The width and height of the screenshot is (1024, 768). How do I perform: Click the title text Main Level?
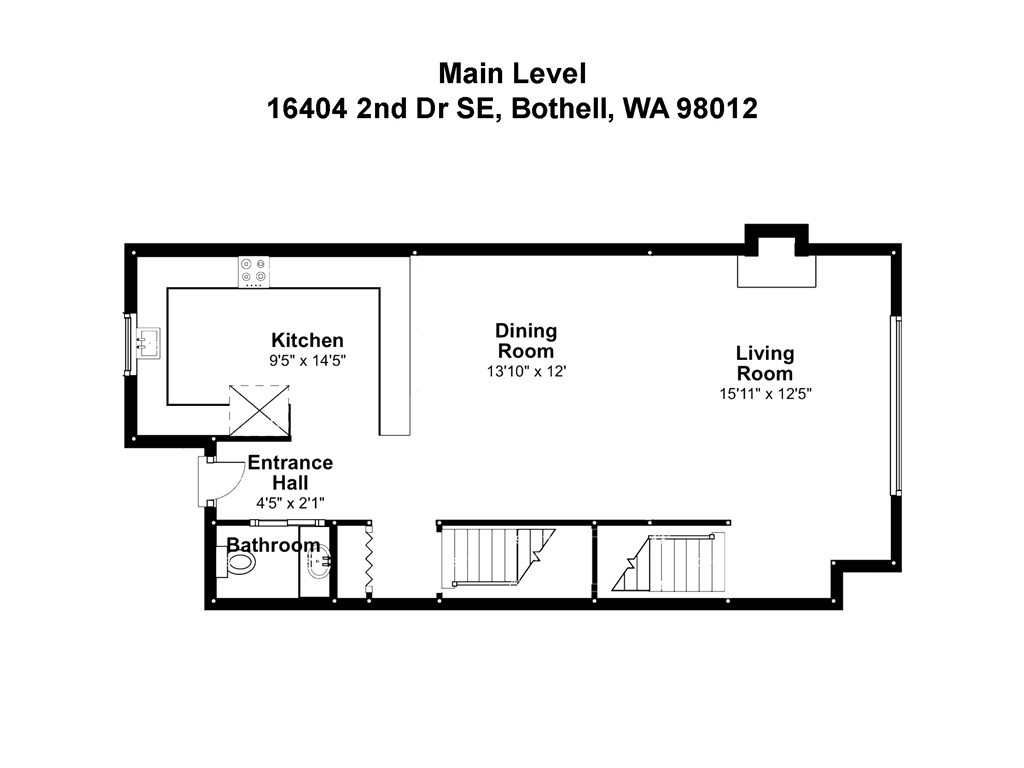point(511,73)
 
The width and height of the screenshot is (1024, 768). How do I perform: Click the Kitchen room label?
point(307,341)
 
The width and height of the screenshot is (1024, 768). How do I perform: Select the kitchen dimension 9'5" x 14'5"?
point(307,360)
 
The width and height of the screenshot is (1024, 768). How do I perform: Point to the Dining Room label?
point(526,341)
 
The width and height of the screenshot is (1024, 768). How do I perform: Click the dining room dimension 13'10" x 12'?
point(526,371)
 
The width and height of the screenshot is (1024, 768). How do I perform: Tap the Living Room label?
point(765,363)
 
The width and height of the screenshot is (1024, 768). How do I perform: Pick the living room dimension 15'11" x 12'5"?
point(765,393)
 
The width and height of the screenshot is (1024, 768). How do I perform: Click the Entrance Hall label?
point(290,473)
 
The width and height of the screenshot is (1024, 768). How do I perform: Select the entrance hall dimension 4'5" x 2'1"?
point(290,502)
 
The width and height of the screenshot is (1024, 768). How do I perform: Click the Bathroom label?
point(273,545)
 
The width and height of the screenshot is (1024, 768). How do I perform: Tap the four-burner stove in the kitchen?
point(253,271)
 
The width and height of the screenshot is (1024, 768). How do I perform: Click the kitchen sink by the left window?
point(148,343)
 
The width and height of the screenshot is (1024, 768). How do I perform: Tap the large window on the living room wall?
point(896,405)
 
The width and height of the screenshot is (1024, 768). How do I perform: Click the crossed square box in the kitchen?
point(259,409)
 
